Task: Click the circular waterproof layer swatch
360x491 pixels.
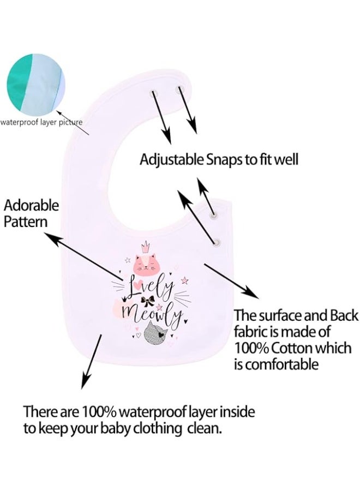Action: (x=35, y=83)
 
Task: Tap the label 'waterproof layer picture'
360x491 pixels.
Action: (x=41, y=122)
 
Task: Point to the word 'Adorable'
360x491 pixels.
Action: (x=31, y=206)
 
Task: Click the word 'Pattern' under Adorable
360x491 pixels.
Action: (x=25, y=221)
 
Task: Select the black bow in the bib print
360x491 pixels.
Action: (x=147, y=301)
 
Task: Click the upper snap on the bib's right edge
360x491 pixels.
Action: (x=214, y=215)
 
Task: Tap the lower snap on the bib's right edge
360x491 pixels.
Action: (x=217, y=242)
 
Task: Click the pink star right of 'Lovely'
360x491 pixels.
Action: (x=184, y=280)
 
